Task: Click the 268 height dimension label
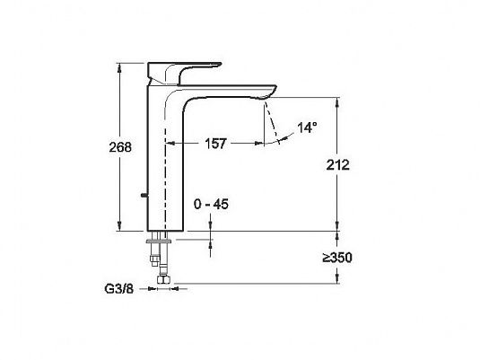pos(120,147)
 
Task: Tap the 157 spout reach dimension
pos(215,144)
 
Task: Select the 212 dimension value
pos(337,165)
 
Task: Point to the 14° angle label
pos(307,127)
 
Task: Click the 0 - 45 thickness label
pos(211,204)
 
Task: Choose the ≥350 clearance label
pos(337,258)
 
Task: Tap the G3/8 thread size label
pos(119,288)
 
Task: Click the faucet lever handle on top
pos(184,73)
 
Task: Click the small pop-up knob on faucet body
pos(144,195)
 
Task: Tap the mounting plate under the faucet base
pos(160,241)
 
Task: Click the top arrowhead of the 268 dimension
pos(119,67)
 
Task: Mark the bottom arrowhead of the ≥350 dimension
pos(337,278)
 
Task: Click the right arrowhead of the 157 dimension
pos(259,143)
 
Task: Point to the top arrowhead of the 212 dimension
pos(337,102)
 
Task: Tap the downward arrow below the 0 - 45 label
pos(210,223)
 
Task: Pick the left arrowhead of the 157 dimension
pos(170,143)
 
